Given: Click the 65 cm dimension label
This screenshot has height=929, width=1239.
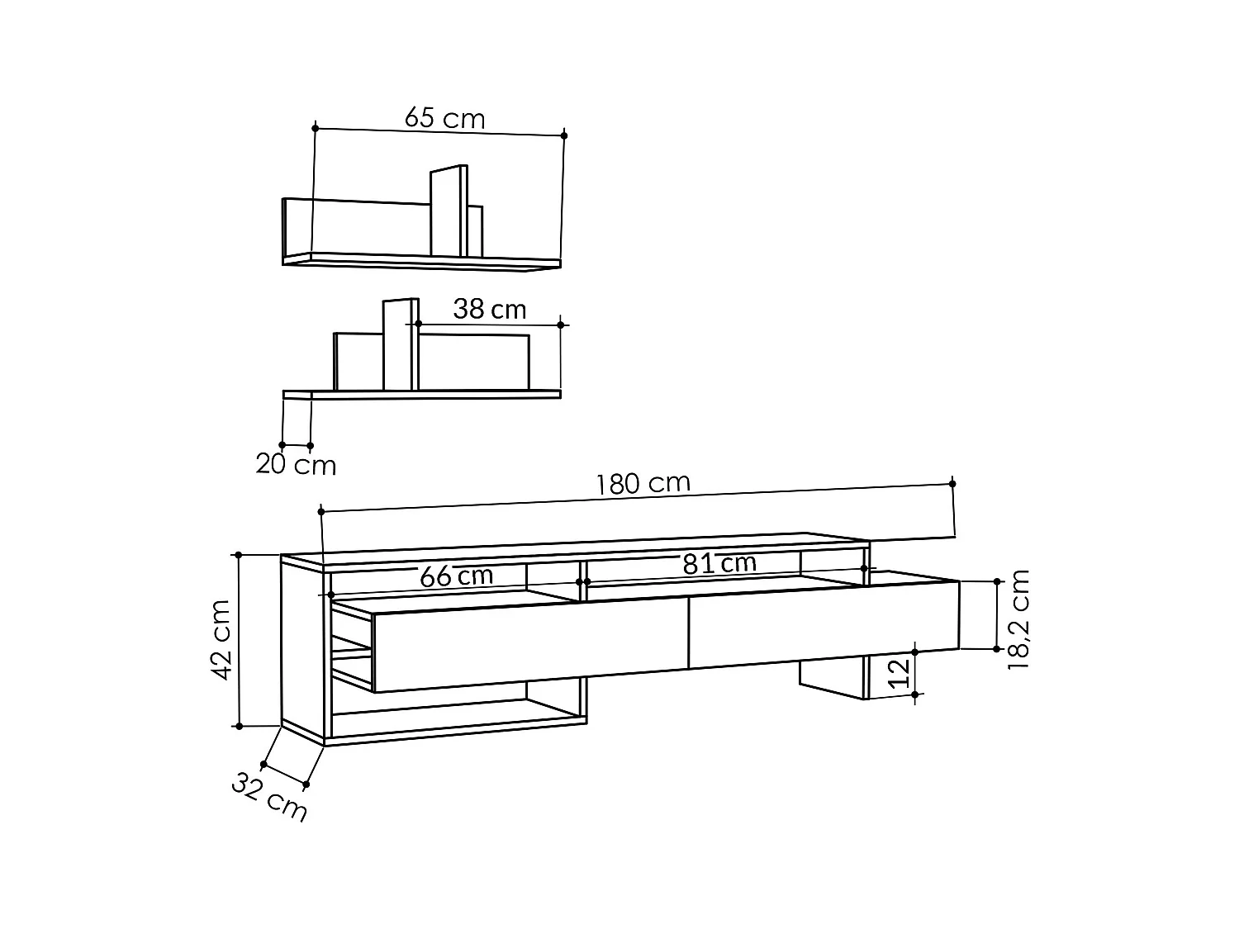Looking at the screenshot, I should coord(444,119).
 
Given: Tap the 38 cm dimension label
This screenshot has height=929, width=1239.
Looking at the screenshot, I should coord(489,310).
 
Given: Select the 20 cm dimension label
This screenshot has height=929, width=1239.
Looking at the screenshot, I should coord(296,465).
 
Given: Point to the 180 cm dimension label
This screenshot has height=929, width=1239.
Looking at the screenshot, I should coord(643,483).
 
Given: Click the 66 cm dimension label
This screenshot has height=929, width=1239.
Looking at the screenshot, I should coord(456,576).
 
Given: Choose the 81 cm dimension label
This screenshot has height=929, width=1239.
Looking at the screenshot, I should coord(719,564).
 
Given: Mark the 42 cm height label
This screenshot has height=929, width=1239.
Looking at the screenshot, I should coord(221,640).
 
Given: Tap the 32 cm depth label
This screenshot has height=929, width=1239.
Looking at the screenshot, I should coord(269,797).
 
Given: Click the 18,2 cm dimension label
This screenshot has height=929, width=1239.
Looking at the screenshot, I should coord(1019,619).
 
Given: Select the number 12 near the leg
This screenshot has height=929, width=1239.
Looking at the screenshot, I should coord(902,673).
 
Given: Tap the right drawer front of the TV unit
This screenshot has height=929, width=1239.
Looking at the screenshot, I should coord(823,623).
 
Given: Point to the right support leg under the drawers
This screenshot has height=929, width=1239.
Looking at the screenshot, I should coord(833,680).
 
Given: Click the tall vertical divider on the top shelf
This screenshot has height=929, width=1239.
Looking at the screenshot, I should coord(448,212).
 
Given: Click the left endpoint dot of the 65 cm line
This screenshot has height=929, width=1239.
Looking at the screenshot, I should coord(315,128).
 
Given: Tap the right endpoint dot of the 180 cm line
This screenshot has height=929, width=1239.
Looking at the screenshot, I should coord(952,483).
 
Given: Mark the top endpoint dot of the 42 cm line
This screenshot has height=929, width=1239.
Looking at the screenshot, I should coord(239,555).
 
